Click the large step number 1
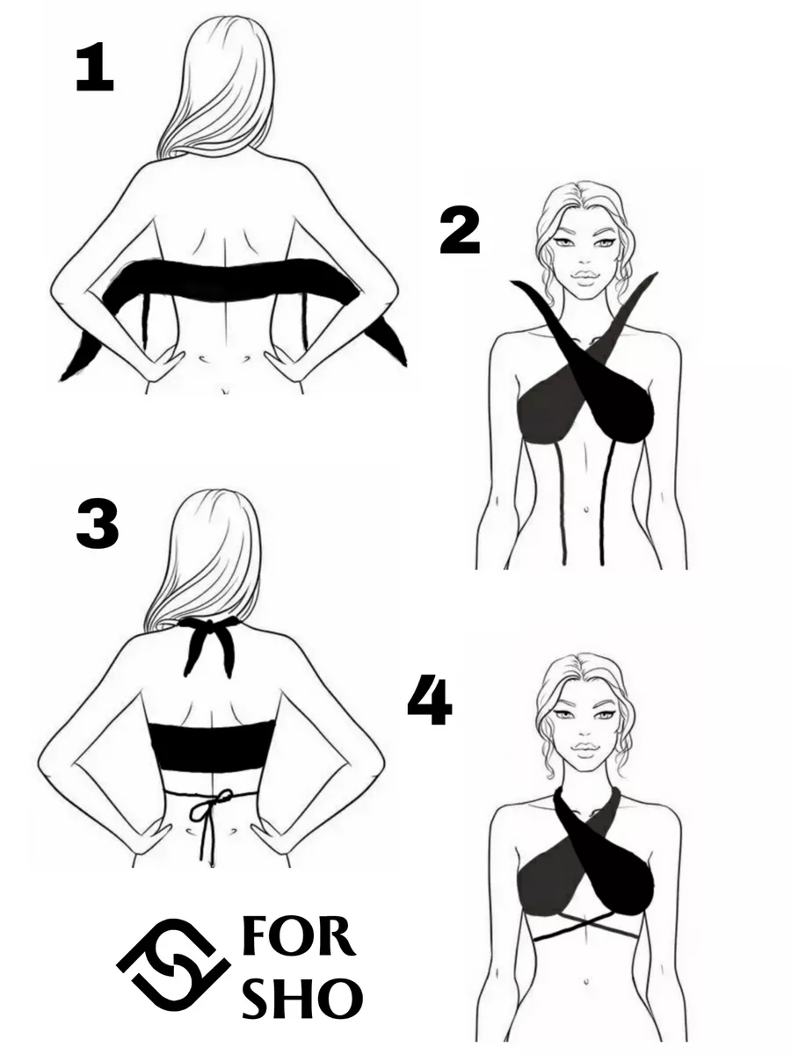coord(95,67)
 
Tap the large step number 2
coord(460,232)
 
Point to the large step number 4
coord(430,700)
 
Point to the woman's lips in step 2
coord(585,277)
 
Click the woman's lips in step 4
coord(585,748)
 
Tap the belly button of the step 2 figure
coord(585,509)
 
